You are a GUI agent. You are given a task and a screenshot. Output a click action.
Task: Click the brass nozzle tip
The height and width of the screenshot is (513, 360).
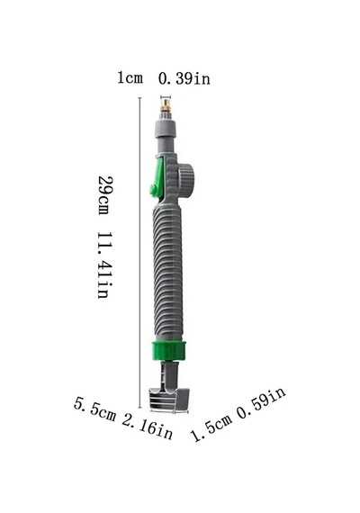click(166, 105)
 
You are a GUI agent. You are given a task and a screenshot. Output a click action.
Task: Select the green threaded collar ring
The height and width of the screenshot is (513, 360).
click(169, 351)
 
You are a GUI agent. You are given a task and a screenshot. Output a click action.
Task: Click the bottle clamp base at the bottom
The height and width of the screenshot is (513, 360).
click(169, 399)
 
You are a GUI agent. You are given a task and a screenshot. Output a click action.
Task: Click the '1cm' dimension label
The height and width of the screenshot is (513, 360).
click(130, 78)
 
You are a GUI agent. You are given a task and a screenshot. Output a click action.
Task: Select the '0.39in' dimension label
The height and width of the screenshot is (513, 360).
click(184, 79)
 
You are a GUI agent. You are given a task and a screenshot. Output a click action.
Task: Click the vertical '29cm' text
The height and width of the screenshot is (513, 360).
click(104, 195)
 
